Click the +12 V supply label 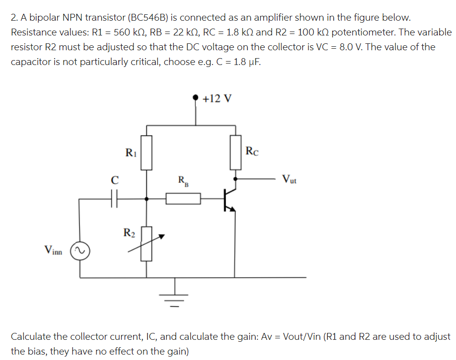[x=217, y=98]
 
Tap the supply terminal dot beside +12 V [x=197, y=98]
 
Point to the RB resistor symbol [x=183, y=199]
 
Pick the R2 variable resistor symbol [x=146, y=243]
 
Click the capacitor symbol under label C [x=114, y=199]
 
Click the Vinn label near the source [x=53, y=251]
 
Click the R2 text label [x=129, y=231]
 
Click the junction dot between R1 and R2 [x=146, y=199]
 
